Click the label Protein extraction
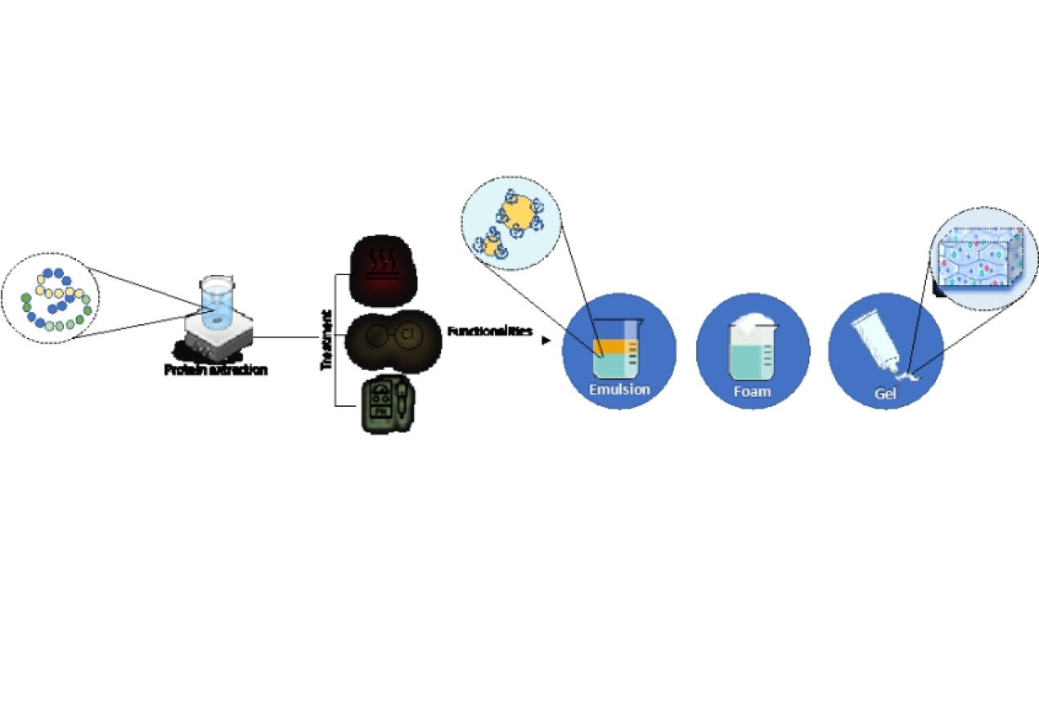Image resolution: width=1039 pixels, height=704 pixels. coord(215,369)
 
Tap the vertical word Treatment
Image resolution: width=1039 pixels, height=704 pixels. coord(326,340)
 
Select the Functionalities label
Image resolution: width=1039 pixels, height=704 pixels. coord(489,332)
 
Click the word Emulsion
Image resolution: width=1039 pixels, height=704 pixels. coord(619,389)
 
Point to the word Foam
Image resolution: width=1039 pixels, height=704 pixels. coord(752,391)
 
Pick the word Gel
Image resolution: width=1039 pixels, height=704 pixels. coord(885,393)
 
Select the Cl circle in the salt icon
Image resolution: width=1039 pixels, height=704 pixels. coord(408,336)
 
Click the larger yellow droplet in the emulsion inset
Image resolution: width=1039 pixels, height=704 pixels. coord(517,215)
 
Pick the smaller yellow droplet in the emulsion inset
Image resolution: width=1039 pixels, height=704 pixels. coord(491,245)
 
